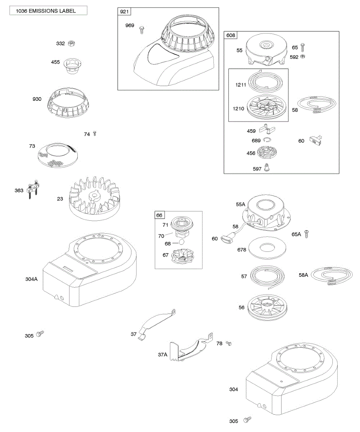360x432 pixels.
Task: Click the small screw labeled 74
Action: tap(95, 134)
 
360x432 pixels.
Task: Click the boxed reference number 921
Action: tap(124, 12)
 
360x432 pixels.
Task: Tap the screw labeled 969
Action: tap(142, 28)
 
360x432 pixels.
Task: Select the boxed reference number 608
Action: tap(230, 35)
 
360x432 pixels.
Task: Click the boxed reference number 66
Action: tap(159, 215)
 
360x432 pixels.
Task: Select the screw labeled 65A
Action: tap(307, 234)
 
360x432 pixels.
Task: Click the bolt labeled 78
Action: tap(228, 343)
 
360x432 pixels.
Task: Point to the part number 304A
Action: tap(32, 279)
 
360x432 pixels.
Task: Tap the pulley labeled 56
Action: tap(267, 306)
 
